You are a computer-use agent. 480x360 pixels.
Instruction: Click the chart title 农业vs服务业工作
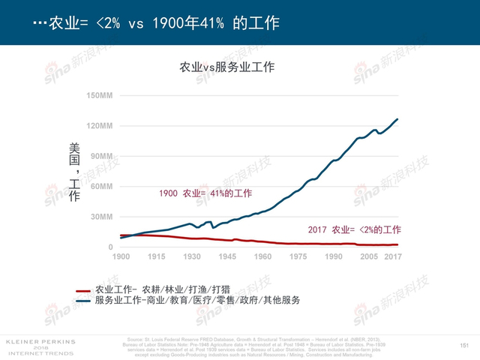(226, 67)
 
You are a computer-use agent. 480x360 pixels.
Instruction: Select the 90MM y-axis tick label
(100, 156)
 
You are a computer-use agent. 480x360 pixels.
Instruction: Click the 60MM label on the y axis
(100, 186)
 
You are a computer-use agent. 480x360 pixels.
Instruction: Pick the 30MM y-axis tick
(100, 217)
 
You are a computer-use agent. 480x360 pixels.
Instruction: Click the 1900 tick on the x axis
(121, 257)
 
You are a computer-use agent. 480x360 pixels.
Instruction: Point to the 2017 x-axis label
(394, 257)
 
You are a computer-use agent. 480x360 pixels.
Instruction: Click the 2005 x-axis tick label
(367, 257)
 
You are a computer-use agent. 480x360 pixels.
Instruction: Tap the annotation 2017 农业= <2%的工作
(355, 229)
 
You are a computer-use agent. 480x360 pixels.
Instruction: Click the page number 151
(463, 344)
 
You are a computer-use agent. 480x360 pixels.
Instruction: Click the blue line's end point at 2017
(397, 119)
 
